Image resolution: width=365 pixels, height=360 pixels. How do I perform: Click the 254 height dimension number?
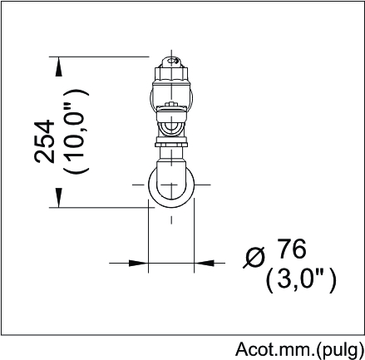coord(44,141)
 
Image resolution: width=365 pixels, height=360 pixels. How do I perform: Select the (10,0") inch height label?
coord(75,131)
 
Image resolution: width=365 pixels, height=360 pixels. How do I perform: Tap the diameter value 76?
coord(293,249)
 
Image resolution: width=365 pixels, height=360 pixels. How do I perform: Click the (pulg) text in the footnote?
coord(340,350)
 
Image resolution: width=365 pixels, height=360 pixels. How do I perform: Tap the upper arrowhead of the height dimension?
coord(58,67)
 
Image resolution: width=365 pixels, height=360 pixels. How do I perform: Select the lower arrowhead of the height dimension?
coord(58,197)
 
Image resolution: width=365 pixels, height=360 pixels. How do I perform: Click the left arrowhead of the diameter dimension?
coord(139,263)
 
